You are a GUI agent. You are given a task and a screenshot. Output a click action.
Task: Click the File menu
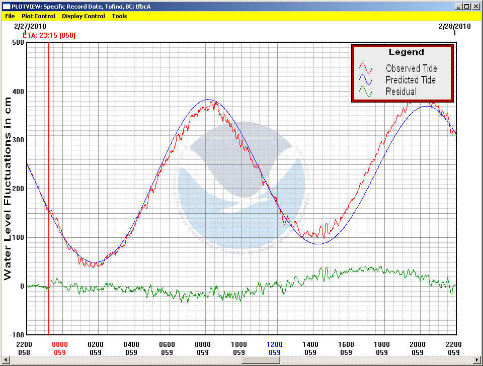[10, 16]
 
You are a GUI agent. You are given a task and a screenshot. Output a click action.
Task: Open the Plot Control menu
[38, 16]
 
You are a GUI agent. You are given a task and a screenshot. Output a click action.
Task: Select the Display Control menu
[83, 16]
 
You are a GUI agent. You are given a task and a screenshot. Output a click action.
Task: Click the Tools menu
[119, 16]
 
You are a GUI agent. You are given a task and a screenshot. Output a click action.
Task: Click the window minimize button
[458, 7]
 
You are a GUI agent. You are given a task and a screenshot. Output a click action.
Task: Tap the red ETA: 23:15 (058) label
[49, 35]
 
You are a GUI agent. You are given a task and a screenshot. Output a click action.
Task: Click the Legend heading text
[406, 52]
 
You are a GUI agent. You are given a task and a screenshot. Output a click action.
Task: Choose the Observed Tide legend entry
[411, 68]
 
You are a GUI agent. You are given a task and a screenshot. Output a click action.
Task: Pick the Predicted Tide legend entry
[411, 80]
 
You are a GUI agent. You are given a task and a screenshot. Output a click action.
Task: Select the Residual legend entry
[401, 91]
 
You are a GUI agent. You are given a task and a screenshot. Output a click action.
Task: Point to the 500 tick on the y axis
[18, 43]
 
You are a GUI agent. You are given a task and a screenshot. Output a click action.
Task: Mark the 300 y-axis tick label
[18, 140]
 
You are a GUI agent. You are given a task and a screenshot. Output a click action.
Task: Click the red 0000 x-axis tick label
[59, 344]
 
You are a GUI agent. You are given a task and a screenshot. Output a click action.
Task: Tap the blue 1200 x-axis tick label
[274, 344]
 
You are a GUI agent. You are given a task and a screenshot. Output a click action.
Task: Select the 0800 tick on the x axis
[203, 344]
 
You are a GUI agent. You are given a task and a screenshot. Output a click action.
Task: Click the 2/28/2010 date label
[455, 26]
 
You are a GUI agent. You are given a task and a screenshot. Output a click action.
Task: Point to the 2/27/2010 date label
[30, 26]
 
